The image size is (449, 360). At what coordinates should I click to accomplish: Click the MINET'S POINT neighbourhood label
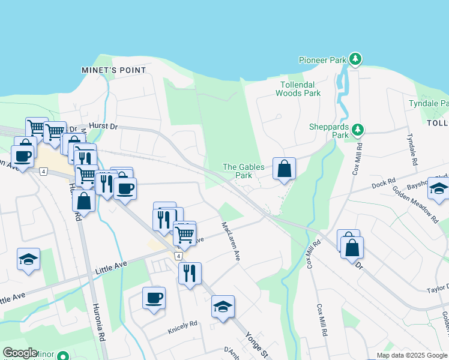[x=113, y=70]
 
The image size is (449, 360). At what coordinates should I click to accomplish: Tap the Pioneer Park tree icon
[x=355, y=59]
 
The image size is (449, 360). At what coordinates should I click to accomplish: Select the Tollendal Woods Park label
[x=298, y=89]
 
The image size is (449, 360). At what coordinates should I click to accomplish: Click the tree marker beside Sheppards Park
[x=358, y=130]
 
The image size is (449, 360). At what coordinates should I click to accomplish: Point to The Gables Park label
[x=237, y=171]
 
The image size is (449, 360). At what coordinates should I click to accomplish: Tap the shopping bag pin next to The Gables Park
[x=284, y=169]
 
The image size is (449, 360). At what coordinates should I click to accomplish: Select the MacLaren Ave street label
[x=231, y=241]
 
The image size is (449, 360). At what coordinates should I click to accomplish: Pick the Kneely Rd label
[x=183, y=324]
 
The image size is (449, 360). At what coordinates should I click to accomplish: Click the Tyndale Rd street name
[x=414, y=149]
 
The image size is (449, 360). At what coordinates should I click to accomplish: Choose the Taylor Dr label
[x=438, y=289]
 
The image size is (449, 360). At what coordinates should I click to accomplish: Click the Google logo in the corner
[x=20, y=353]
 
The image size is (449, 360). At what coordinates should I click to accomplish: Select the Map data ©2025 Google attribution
[x=412, y=355]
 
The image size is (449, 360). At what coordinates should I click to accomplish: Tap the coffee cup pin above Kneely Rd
[x=154, y=298]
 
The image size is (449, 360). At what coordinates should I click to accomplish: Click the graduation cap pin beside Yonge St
[x=223, y=307]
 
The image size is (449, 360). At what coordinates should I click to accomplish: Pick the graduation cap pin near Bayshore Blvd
[x=439, y=189]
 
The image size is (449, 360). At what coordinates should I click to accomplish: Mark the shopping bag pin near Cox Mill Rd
[x=352, y=247]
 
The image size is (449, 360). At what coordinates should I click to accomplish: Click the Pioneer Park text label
[x=323, y=60]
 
